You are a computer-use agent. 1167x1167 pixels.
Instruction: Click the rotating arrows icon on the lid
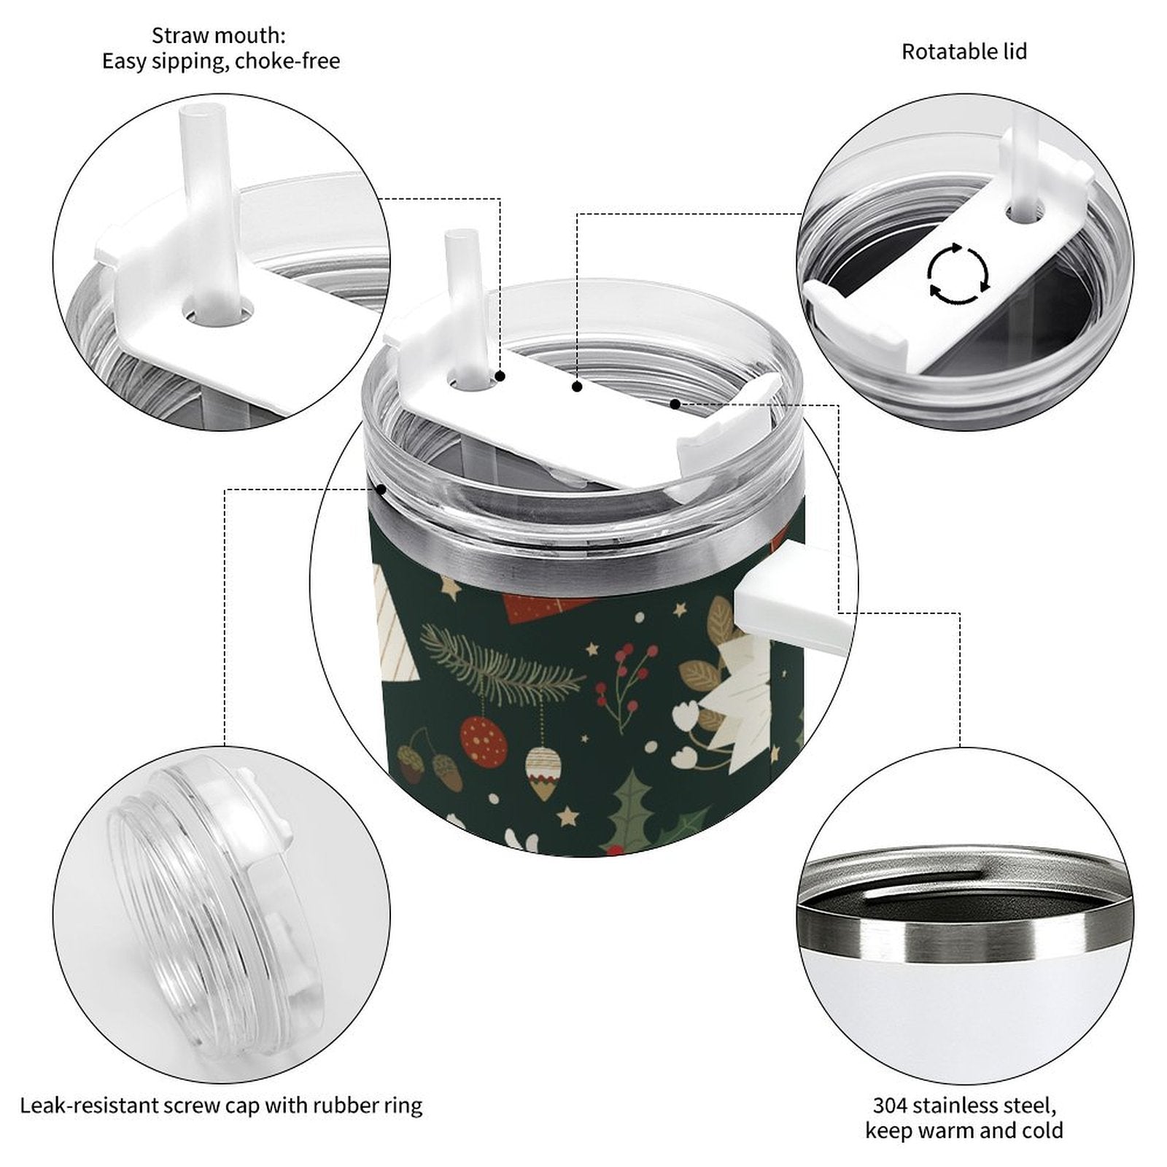tap(958, 274)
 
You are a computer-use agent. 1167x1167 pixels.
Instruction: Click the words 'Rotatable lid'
tap(964, 52)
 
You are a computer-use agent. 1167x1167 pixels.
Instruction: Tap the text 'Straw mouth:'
tap(219, 35)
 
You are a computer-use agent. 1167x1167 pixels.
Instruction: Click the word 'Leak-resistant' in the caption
tap(78, 1106)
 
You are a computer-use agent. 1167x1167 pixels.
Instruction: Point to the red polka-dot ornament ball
tap(484, 741)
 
